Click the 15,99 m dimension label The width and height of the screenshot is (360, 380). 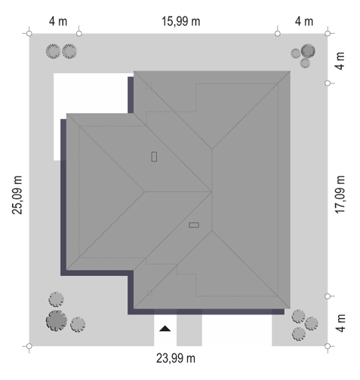point(180,21)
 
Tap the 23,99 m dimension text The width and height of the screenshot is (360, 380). point(176,358)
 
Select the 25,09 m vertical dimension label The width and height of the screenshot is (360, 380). point(17,195)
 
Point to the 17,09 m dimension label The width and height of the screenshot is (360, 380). point(340,195)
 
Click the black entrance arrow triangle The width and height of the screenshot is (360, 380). point(165,329)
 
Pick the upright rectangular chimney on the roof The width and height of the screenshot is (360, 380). point(154,157)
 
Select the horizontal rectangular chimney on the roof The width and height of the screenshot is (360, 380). point(194,225)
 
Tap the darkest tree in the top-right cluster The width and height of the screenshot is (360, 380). point(308,51)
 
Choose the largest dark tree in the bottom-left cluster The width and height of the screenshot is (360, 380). point(57,320)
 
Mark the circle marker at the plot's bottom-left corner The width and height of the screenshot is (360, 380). point(29,346)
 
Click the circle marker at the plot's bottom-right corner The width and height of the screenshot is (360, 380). point(328,346)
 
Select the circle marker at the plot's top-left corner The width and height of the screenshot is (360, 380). point(29,33)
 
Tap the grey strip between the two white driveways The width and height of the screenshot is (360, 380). point(189,330)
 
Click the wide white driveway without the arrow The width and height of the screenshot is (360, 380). point(237,330)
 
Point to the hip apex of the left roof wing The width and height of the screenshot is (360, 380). point(145,192)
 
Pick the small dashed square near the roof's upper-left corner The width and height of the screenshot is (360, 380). point(149,87)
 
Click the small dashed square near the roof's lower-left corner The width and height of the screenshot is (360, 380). point(149,293)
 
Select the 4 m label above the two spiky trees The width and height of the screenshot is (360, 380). point(58,21)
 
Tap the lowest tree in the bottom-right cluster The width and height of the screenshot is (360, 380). point(299,334)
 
